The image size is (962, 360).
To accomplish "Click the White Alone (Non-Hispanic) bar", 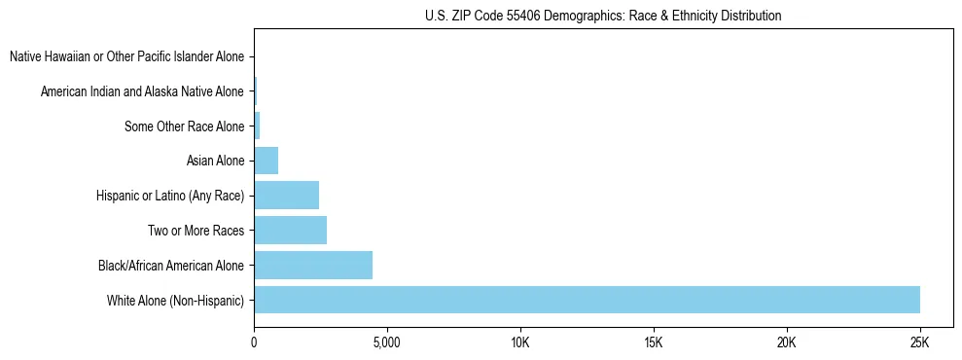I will point(587,300).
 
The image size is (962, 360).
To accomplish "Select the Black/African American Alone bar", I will point(313,266).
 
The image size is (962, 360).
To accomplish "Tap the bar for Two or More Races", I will point(290,231).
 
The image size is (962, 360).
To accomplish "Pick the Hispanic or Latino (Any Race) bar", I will point(286,196).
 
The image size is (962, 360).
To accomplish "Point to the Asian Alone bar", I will point(266,161).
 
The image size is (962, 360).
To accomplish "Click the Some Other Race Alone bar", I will point(257,126).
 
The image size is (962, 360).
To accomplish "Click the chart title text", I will point(603,17).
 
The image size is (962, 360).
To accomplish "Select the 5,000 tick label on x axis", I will point(387,342).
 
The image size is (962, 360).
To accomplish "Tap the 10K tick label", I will point(520,342).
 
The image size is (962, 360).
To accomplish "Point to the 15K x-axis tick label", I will point(654,342).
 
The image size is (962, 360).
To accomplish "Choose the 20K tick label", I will point(787,342).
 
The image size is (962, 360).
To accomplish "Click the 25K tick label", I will point(919,342).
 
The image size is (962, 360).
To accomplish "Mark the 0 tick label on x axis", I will point(254,342).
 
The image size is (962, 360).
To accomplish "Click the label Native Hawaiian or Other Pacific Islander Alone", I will point(126,57).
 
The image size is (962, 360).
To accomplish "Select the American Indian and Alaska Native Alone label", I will point(142,92).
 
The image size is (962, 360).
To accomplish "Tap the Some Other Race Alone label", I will point(184,126).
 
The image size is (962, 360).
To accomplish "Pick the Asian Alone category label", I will point(215,162).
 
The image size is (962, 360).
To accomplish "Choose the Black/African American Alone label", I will point(171,266).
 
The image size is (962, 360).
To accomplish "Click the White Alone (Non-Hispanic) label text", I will point(175,301).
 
